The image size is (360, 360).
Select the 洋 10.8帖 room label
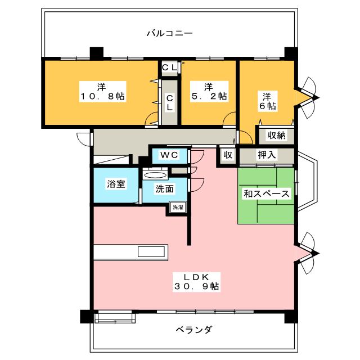[101, 92]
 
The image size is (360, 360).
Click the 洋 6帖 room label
[267, 100]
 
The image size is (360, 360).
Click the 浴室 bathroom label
[116, 184]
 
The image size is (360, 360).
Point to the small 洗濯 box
[178, 208]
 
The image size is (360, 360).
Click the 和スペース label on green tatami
[266, 194]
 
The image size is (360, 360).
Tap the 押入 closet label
[267, 155]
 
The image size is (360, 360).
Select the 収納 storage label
[276, 135]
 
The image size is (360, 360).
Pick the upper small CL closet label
[170, 67]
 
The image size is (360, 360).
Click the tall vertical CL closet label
[169, 101]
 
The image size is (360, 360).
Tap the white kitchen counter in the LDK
[130, 252]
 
